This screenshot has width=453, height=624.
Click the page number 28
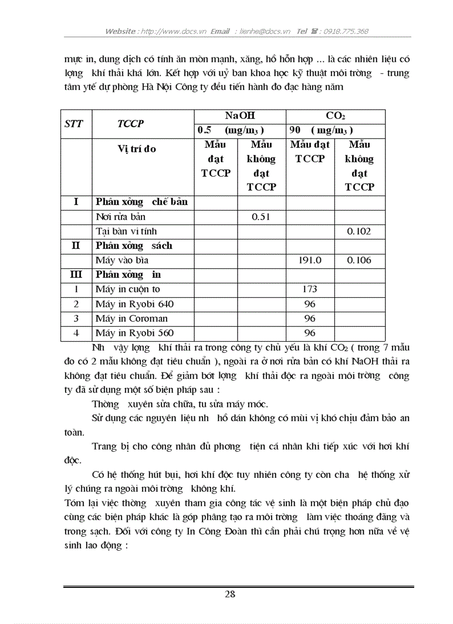tap(230, 594)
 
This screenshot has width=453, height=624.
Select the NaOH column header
tap(240, 116)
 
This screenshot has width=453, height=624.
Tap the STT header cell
tap(74, 123)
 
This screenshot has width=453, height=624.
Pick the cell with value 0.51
tap(261, 217)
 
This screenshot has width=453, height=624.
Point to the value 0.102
tap(359, 231)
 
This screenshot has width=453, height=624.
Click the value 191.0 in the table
tap(310, 260)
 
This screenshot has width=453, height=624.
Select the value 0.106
tap(359, 260)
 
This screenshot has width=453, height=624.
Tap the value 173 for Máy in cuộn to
tap(310, 289)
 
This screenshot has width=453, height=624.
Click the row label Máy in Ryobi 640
tap(134, 304)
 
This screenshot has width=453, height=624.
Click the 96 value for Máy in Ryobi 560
tap(310, 333)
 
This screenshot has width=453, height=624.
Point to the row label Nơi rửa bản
tap(120, 217)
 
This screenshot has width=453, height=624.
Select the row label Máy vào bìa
tap(122, 260)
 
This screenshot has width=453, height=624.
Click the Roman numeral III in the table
tap(75, 274)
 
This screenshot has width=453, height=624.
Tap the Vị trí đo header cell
tap(137, 148)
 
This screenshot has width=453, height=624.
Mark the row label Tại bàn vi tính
tap(126, 231)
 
